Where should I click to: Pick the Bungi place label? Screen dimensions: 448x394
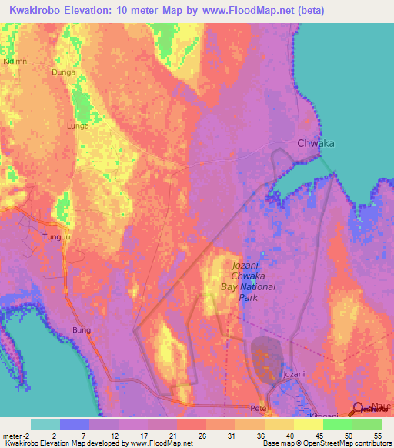click(82, 329)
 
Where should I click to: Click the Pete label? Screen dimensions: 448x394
click(257, 407)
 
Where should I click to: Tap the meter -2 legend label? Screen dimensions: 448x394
click(15, 435)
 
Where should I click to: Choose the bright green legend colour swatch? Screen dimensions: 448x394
click(337, 424)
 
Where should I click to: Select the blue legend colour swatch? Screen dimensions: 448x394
click(75, 424)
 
